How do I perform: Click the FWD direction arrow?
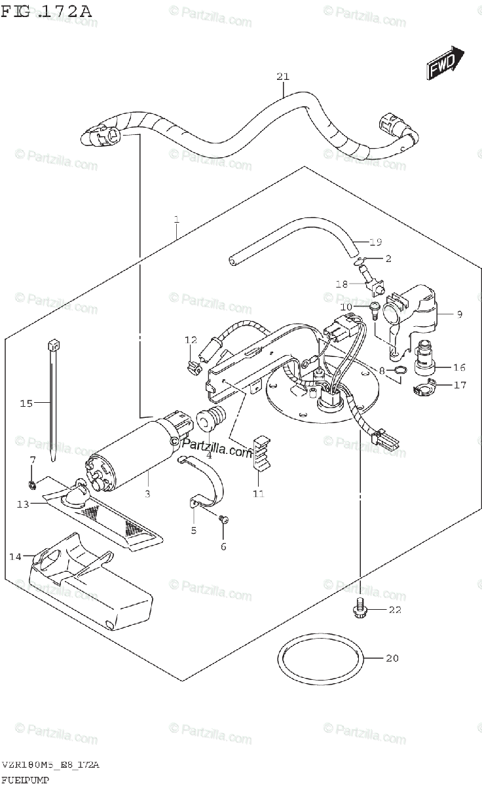pos(446,63)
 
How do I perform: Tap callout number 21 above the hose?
pos(282,76)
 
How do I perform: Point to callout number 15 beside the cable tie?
pos(26,403)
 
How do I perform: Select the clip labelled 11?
pos(261,452)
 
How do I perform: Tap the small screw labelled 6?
pos(225,519)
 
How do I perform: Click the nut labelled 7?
pos(33,485)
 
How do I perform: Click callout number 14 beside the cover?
pos(16,557)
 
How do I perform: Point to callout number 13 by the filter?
pos(24,504)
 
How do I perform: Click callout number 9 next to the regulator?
pos(460,314)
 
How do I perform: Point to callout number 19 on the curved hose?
pos(375,242)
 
